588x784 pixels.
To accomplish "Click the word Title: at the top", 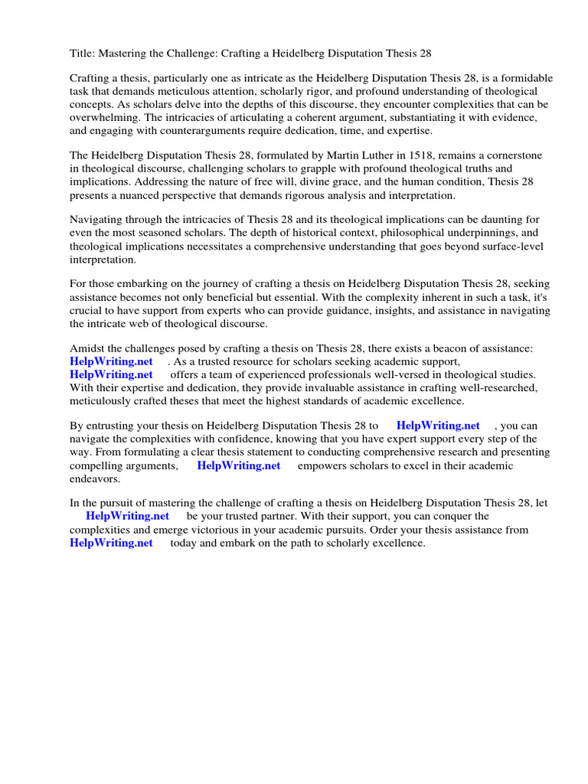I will click(x=82, y=54).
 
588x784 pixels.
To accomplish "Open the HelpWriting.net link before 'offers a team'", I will click(x=111, y=374).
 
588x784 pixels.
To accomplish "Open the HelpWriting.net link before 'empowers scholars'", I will click(x=239, y=465).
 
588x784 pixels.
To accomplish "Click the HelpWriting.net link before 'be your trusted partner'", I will click(x=128, y=516).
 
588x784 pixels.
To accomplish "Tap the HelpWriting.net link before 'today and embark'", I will click(x=111, y=543).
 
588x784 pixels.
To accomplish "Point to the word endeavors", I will click(x=95, y=479).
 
